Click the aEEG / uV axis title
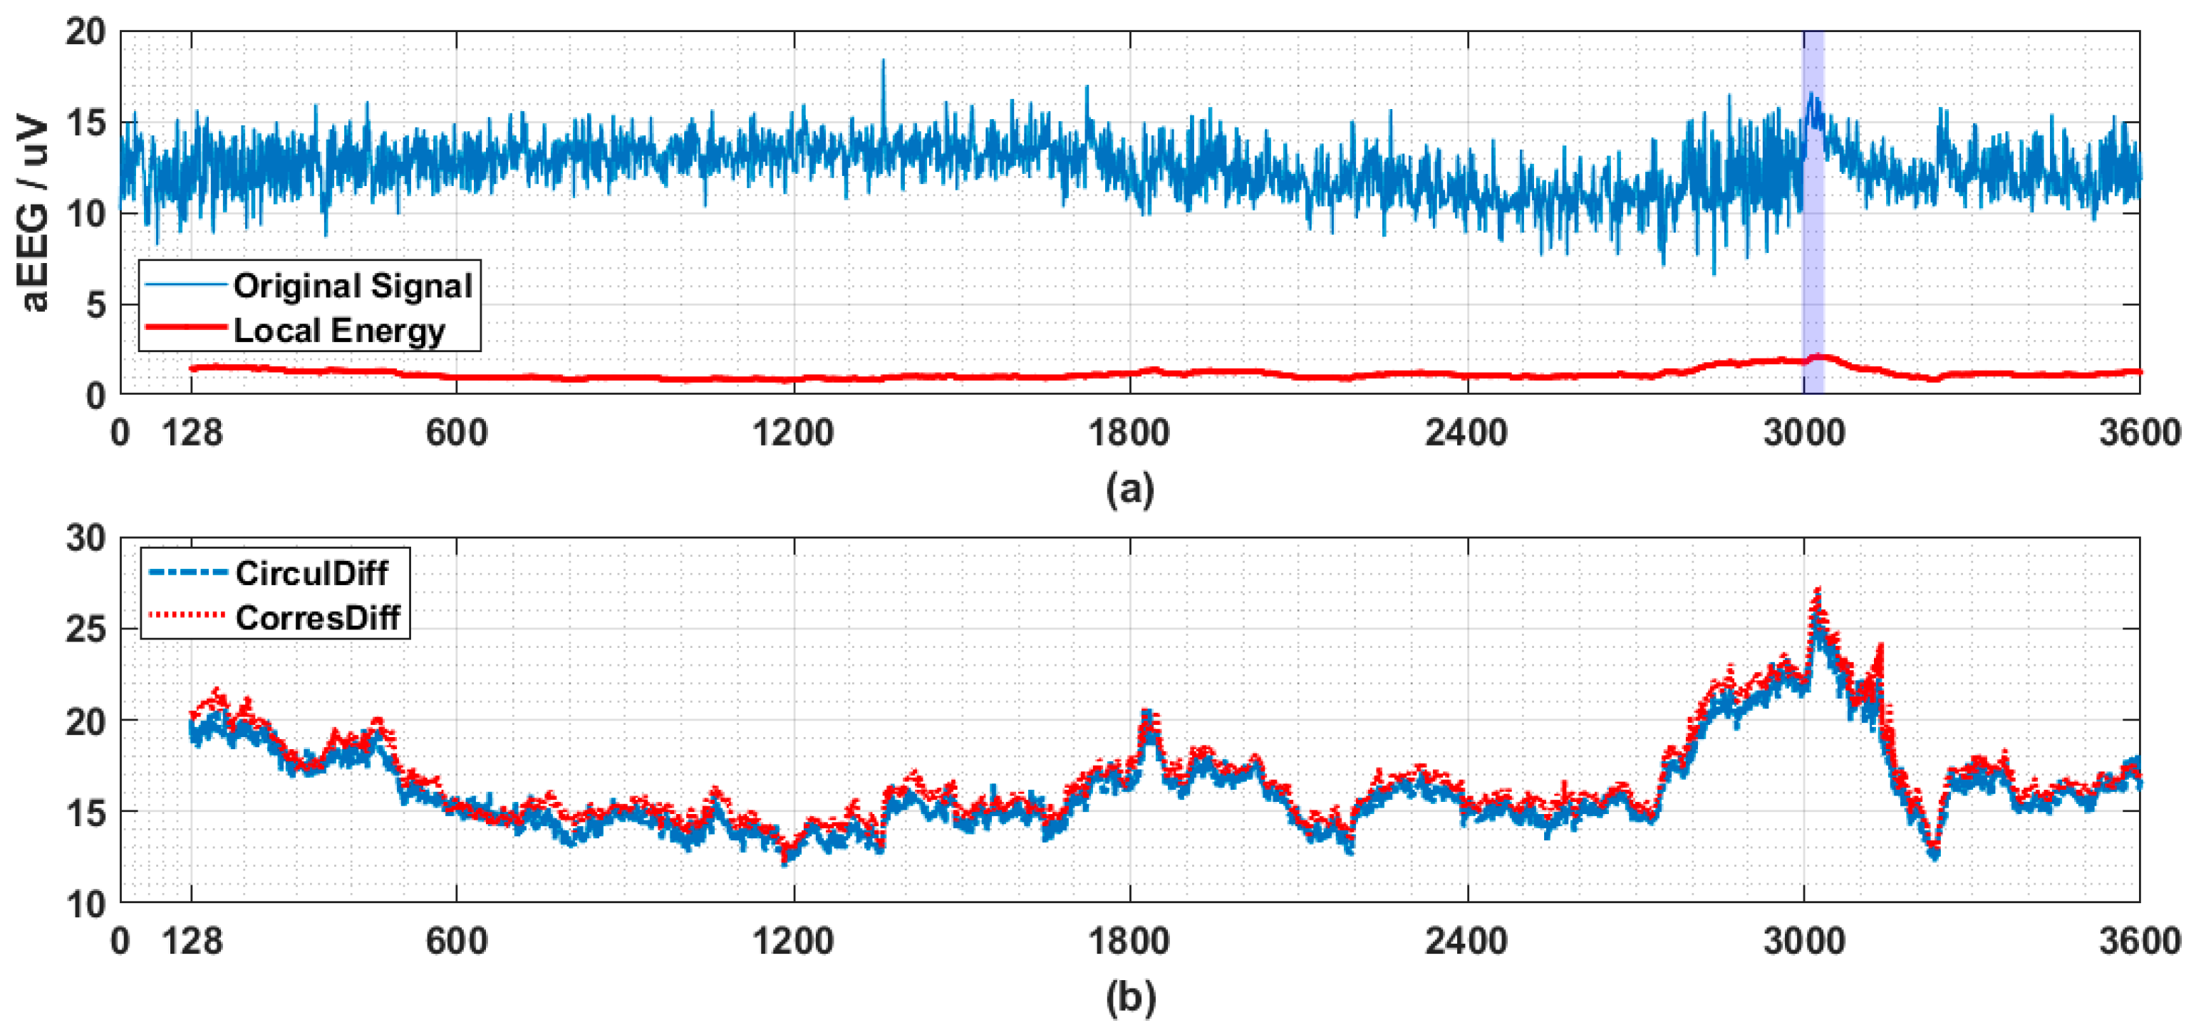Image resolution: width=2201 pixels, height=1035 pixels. pos(34,214)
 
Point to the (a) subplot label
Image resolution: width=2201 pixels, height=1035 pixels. pos(1129,489)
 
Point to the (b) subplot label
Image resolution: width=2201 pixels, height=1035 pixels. pos(1129,997)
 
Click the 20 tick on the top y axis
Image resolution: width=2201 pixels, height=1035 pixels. pos(86,33)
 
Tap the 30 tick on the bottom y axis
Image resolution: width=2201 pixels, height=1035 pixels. pos(86,538)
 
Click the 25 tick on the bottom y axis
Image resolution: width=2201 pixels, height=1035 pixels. pos(86,630)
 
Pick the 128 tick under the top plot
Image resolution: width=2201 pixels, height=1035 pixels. pos(192,433)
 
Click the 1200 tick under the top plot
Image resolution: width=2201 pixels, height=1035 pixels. pos(793,433)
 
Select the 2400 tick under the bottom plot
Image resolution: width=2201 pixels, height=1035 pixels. pos(1466,941)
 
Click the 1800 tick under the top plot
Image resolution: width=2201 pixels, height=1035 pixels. pos(1129,433)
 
